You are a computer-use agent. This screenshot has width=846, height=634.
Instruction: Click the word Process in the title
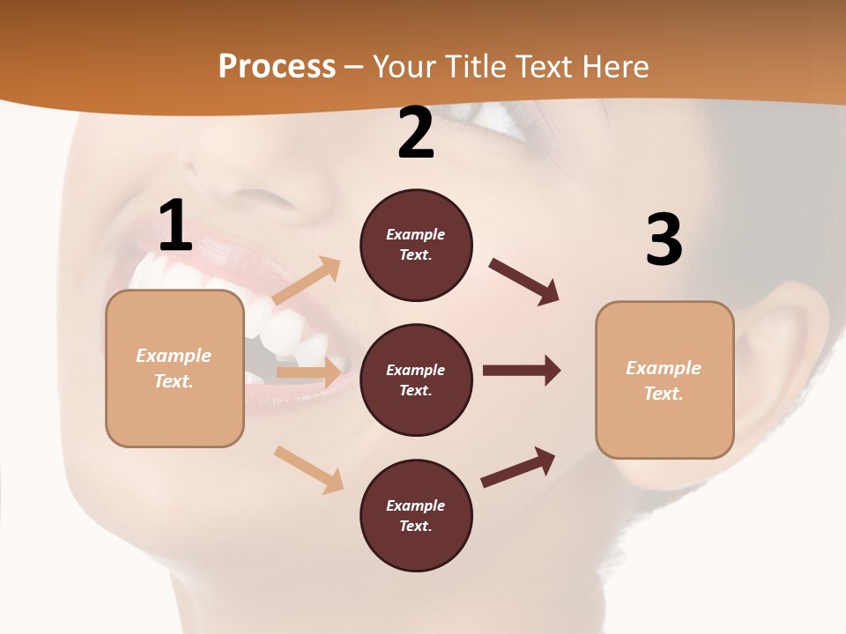click(x=277, y=67)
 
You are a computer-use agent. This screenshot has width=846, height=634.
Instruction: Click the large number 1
click(x=174, y=225)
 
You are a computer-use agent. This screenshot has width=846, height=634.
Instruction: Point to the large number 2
click(x=416, y=133)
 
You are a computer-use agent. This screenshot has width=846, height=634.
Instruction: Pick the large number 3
click(x=664, y=240)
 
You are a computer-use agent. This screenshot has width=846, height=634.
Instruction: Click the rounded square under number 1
click(x=174, y=368)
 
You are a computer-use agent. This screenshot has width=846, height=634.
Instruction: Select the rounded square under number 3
click(x=664, y=380)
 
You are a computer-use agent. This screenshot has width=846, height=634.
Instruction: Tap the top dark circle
click(x=416, y=245)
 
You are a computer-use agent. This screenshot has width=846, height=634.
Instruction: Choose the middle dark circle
click(x=416, y=380)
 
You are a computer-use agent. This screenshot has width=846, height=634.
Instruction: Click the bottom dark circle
click(x=416, y=515)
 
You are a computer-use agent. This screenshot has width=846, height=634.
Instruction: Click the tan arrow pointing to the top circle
click(x=307, y=281)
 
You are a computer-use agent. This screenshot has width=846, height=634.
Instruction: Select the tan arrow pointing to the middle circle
click(x=309, y=372)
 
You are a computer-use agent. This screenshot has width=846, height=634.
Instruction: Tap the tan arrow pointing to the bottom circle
click(x=308, y=469)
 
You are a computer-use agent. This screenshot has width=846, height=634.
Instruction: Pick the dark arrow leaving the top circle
click(x=523, y=281)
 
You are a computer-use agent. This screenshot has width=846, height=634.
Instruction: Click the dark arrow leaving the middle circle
click(x=521, y=370)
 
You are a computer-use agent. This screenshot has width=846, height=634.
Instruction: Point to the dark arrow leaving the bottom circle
click(x=518, y=467)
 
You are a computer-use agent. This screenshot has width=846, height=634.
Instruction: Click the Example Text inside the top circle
click(x=416, y=245)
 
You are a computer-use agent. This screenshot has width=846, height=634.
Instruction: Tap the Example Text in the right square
click(x=664, y=380)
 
